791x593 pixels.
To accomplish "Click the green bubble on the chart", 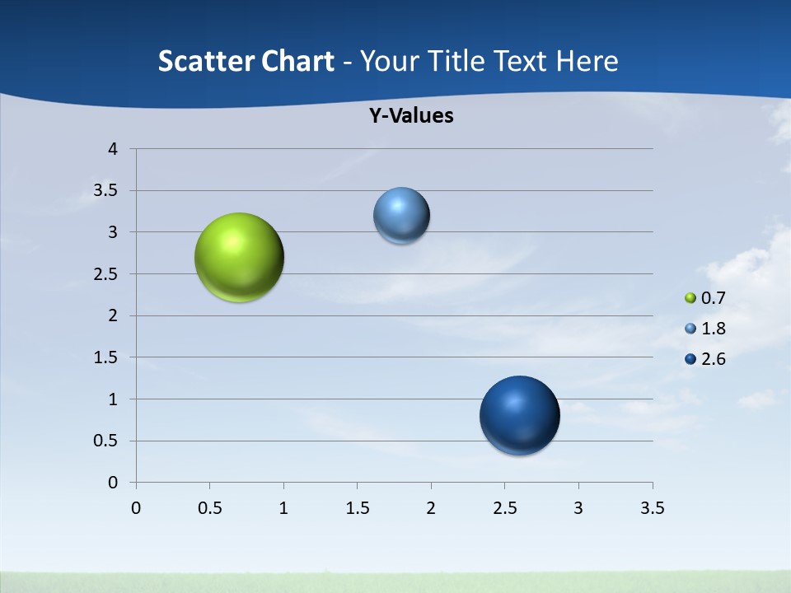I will [x=240, y=257].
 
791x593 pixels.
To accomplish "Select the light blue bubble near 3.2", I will [x=401, y=216].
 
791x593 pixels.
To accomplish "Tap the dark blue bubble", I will [x=520, y=415].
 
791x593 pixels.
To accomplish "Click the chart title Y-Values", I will [x=411, y=116].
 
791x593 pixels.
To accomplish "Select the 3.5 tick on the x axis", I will [x=652, y=508].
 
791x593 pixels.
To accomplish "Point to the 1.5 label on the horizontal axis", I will [x=357, y=508].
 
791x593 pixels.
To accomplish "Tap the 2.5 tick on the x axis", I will [x=504, y=508].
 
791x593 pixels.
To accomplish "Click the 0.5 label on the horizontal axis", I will [x=209, y=508].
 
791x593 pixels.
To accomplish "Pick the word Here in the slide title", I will [x=587, y=61].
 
